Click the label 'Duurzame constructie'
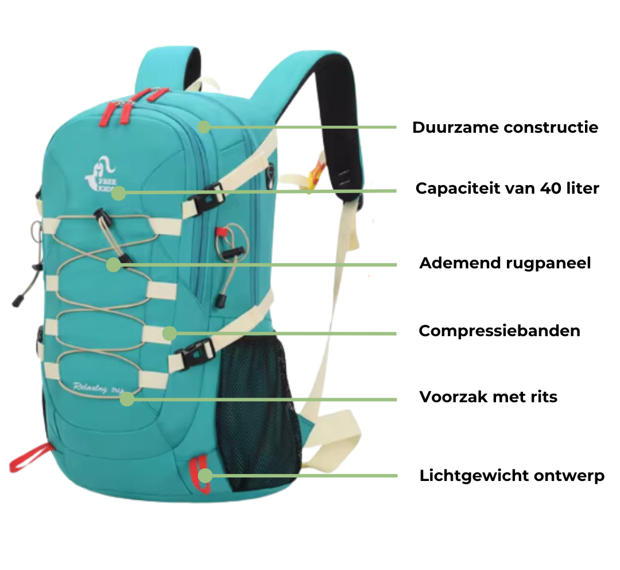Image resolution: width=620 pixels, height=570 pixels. point(505,128)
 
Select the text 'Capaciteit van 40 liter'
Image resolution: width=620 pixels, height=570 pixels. point(507,188)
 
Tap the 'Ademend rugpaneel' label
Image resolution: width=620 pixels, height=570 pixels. point(505,263)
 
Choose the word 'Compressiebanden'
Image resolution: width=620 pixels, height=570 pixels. point(499,331)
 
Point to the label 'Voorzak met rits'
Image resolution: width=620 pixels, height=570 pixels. point(489,397)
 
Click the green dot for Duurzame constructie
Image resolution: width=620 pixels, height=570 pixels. point(203,127)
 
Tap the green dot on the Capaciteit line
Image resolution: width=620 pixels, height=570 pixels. point(118,193)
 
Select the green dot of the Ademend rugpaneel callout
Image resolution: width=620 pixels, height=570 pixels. point(114,264)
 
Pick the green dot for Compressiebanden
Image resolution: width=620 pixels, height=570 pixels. point(169,333)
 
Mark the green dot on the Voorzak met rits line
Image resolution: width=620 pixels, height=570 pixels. point(127,399)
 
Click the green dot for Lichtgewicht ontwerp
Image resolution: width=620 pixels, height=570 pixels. point(205,475)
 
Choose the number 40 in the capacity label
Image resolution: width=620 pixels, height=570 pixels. point(551,188)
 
